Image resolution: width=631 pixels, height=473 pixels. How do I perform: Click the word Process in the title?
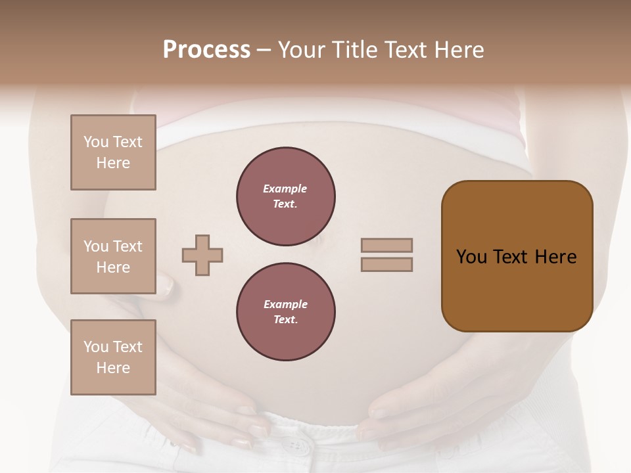(206, 50)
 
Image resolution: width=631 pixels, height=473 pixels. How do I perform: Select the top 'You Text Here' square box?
(113, 152)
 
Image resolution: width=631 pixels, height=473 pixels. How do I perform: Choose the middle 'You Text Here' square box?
(113, 256)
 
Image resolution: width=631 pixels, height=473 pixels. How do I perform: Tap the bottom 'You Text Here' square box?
(113, 357)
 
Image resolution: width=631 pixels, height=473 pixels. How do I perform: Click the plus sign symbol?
(202, 255)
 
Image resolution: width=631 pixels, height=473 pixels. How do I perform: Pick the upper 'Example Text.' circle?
(286, 196)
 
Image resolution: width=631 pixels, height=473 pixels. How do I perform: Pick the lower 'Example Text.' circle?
(286, 312)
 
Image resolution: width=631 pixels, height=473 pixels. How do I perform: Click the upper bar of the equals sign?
(386, 245)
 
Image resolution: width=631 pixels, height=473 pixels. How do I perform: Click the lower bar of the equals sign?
(386, 265)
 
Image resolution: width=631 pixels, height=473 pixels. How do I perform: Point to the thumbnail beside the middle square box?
(166, 284)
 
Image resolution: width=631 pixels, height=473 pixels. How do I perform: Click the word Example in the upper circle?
(285, 189)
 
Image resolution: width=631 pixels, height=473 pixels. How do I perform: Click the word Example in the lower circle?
(285, 304)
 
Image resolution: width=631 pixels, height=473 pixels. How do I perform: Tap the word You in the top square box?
(96, 142)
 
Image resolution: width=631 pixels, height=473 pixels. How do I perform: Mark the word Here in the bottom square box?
(113, 368)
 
